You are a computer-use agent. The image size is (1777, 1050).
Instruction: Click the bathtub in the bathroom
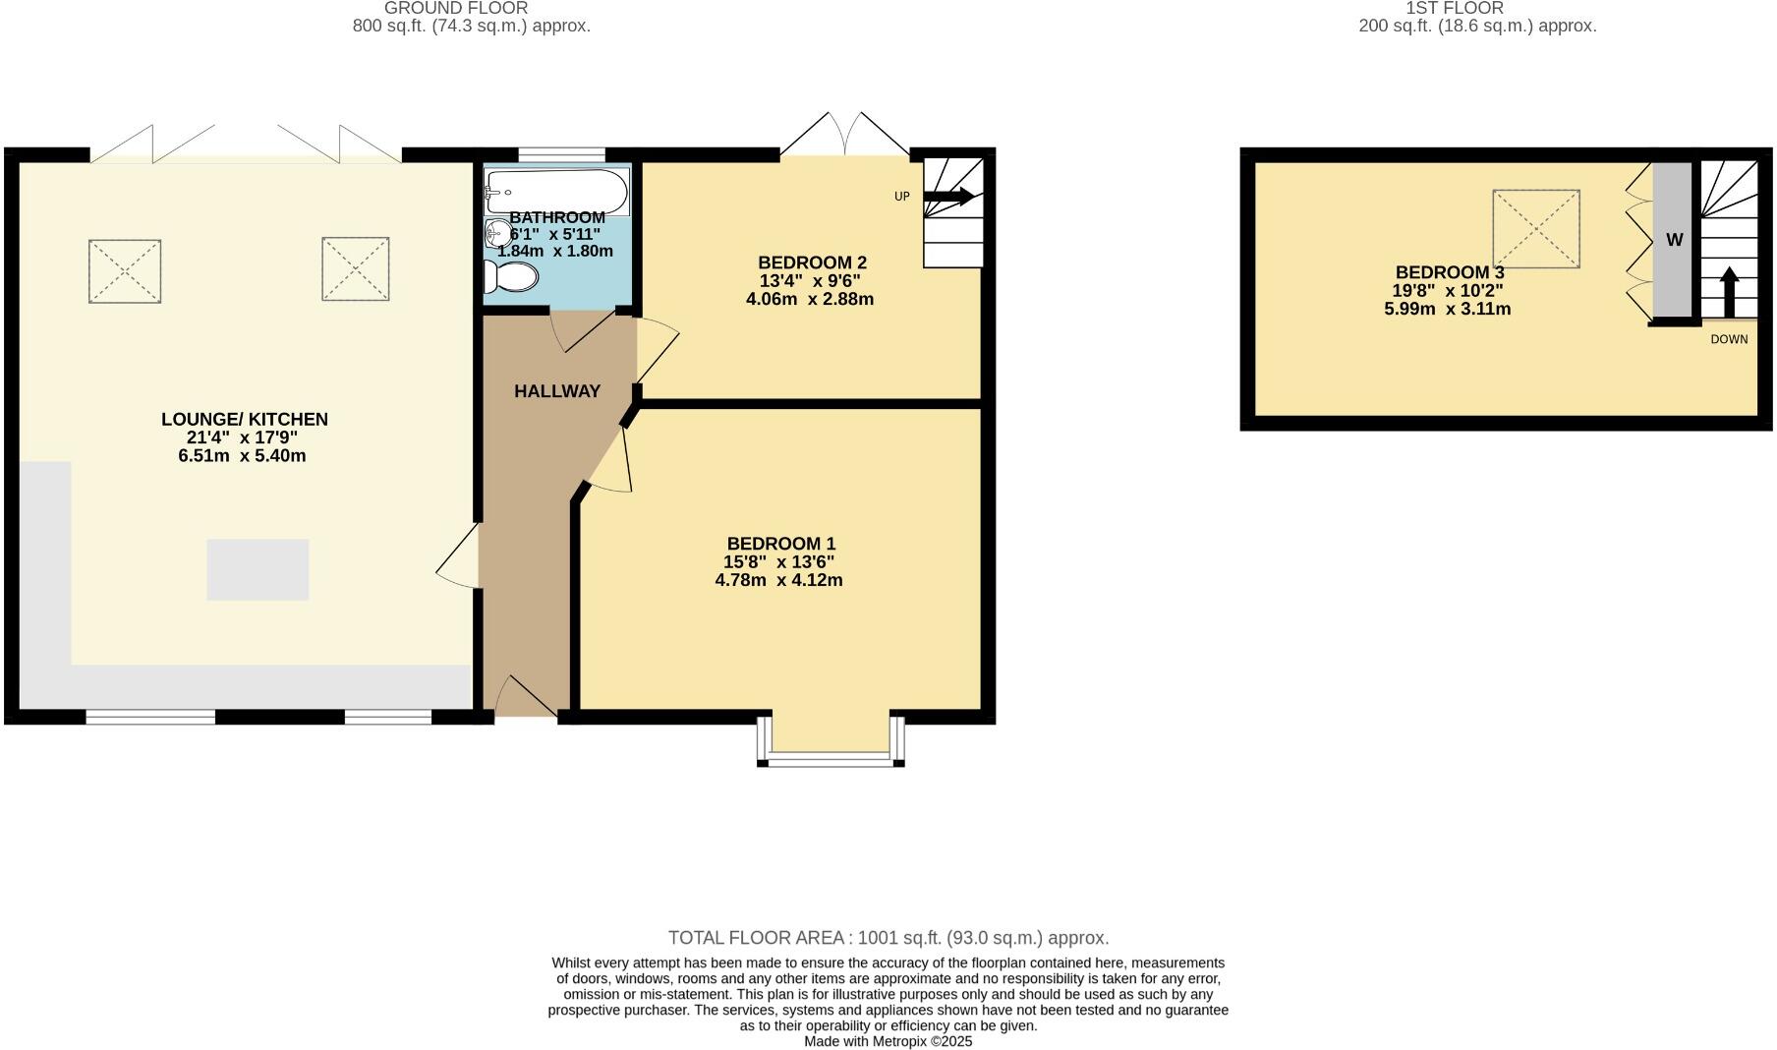[x=557, y=191]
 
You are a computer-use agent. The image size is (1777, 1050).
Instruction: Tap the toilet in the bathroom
[x=511, y=277]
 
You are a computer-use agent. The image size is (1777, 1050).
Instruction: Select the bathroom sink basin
[x=498, y=234]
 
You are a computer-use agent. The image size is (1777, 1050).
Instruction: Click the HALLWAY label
[x=557, y=391]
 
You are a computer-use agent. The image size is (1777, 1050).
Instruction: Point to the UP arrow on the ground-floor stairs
[x=949, y=197]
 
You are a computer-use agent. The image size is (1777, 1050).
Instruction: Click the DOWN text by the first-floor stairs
[x=1729, y=339]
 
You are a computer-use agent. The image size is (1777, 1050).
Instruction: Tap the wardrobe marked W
[x=1674, y=240]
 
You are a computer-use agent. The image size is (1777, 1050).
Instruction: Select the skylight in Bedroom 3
[x=1536, y=229]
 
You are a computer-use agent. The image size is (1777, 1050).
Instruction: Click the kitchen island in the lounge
[x=258, y=569]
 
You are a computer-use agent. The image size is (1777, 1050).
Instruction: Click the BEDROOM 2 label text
[x=812, y=262]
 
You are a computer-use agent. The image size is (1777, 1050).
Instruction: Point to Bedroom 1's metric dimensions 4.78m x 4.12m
[x=778, y=580]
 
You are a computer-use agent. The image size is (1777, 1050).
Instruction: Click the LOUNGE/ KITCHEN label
[x=245, y=419]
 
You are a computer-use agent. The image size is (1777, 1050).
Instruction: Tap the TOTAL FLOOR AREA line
[x=888, y=938]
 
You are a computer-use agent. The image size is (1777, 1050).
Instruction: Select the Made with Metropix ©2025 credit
[x=888, y=1041]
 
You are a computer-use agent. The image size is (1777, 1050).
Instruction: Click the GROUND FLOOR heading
[x=455, y=8]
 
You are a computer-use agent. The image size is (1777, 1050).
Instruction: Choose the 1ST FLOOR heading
[x=1454, y=8]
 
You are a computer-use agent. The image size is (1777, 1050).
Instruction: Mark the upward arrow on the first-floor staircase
[x=1729, y=291]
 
